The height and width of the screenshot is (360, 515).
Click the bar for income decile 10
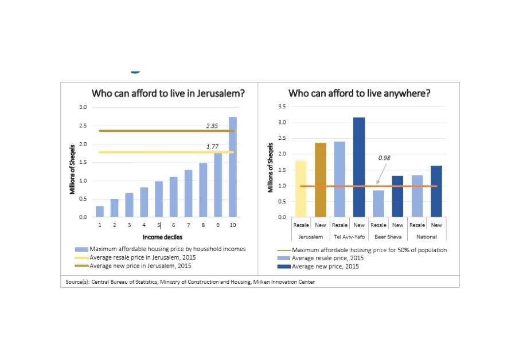point(232,167)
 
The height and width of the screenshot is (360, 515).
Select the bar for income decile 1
point(100,212)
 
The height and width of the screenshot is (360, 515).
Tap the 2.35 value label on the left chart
point(212,126)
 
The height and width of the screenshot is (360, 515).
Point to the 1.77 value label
point(212,147)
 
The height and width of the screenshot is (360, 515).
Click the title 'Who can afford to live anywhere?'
point(359,93)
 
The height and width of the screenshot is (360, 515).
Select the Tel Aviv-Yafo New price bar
point(359,167)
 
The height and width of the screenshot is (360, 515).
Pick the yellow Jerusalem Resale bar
point(301,189)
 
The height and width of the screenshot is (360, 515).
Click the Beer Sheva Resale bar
point(379,204)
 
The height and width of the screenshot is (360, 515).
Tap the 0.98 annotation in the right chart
point(384,158)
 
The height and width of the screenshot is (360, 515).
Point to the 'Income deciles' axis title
point(167,237)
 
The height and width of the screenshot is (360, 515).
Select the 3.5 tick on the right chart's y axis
point(282,107)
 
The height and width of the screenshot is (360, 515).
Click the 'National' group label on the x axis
point(427,237)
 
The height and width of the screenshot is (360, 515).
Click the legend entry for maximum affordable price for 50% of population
point(369,250)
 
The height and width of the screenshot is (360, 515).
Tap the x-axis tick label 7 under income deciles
point(188,225)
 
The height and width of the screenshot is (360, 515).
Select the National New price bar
point(436,191)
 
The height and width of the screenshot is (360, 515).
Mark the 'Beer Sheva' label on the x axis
point(388,237)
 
